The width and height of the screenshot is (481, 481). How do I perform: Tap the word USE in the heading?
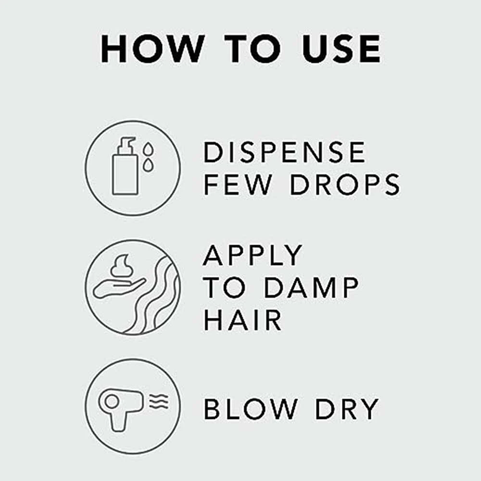click(341, 49)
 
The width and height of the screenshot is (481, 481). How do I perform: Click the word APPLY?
click(253, 255)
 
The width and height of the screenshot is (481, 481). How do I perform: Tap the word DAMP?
click(311, 288)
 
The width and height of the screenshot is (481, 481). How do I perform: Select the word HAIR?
click(242, 320)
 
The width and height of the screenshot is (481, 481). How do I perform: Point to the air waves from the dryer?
click(159, 401)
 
